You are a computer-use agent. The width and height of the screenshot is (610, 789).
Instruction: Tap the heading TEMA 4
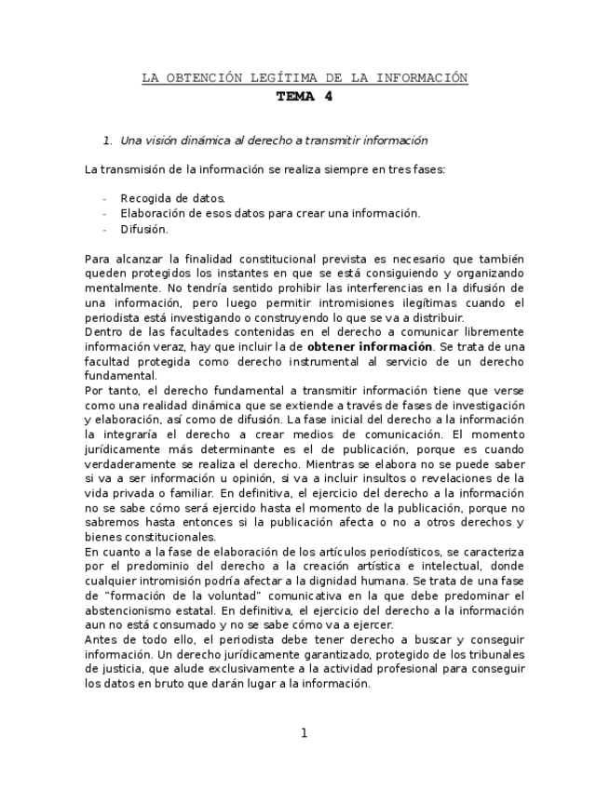304,96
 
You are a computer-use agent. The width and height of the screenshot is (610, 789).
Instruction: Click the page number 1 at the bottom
304,733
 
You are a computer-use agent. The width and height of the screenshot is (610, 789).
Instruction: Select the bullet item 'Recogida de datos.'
172,198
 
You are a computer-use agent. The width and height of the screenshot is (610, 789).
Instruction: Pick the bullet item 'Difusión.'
144,229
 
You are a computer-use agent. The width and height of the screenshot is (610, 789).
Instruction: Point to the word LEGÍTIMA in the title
286,78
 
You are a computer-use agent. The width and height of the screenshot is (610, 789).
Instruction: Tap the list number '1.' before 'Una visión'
108,140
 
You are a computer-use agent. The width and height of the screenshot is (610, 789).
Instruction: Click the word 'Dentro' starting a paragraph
102,331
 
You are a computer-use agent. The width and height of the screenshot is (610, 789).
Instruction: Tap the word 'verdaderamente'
129,463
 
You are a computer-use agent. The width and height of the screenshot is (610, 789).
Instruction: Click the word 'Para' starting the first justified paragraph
97,259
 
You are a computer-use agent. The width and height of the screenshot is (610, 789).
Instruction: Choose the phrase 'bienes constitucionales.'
150,537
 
